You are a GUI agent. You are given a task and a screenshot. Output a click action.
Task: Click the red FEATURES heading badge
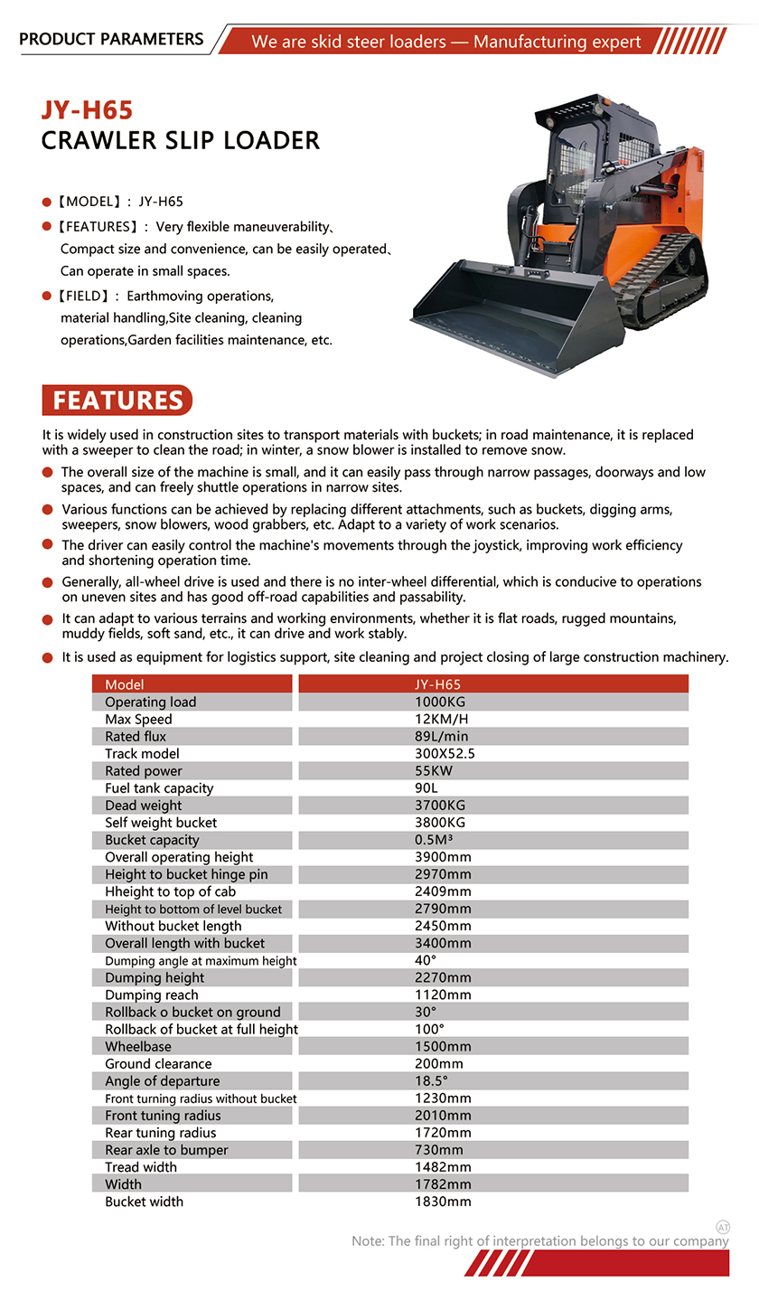(x=117, y=401)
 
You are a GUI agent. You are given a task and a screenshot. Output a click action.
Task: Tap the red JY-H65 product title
(x=87, y=110)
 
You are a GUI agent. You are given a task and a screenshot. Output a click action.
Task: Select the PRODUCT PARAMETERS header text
(x=111, y=39)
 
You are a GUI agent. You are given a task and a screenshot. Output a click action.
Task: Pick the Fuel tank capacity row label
(x=159, y=788)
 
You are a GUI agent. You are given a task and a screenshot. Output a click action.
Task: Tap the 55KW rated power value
(x=434, y=771)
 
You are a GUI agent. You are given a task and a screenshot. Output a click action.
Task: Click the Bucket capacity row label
(x=152, y=840)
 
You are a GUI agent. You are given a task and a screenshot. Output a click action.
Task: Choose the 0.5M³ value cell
(x=434, y=840)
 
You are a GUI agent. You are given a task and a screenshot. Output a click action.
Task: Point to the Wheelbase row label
(x=137, y=1047)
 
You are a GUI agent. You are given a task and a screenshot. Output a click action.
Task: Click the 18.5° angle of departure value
(x=431, y=1081)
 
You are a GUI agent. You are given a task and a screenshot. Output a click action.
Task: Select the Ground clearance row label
(x=158, y=1064)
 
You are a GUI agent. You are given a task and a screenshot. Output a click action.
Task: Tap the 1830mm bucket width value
(x=443, y=1202)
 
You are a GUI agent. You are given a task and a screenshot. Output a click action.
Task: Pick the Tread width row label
(x=141, y=1167)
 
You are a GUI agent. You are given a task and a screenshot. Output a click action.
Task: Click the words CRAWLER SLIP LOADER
(x=181, y=141)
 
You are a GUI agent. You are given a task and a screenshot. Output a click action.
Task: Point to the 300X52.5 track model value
(x=445, y=754)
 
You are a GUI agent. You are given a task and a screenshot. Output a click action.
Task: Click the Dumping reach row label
(x=152, y=995)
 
